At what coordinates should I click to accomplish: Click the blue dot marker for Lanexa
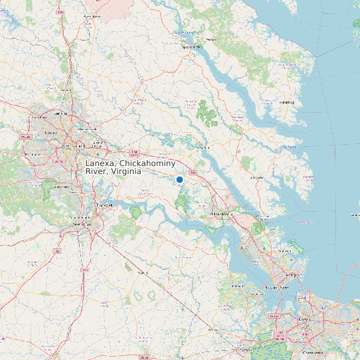click(x=179, y=179)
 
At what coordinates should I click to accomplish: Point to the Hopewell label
click(x=104, y=206)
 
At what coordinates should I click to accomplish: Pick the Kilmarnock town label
click(x=287, y=103)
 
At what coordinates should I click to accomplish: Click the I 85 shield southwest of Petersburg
click(x=58, y=251)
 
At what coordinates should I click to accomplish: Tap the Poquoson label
click(x=288, y=251)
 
